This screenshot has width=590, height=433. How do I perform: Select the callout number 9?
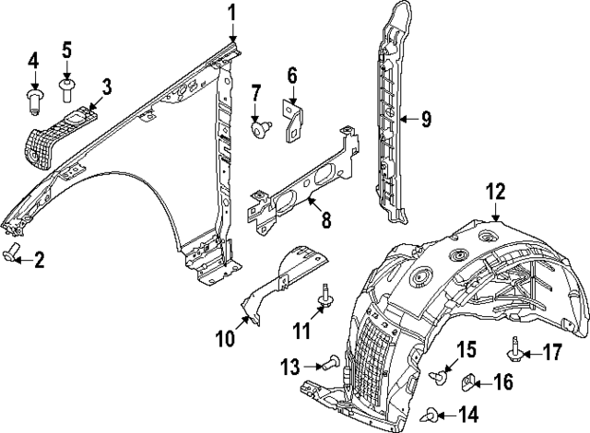[426, 118]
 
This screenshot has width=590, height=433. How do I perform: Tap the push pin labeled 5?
[67, 88]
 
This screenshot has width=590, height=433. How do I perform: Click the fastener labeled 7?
[261, 130]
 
